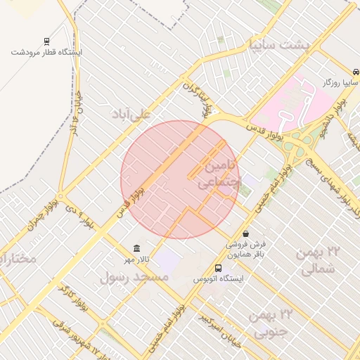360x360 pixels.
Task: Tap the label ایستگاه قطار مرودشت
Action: (47, 52)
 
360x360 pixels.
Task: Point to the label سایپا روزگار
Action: (337, 83)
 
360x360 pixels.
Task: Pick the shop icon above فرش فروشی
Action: (245, 233)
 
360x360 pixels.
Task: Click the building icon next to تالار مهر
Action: (136, 250)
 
